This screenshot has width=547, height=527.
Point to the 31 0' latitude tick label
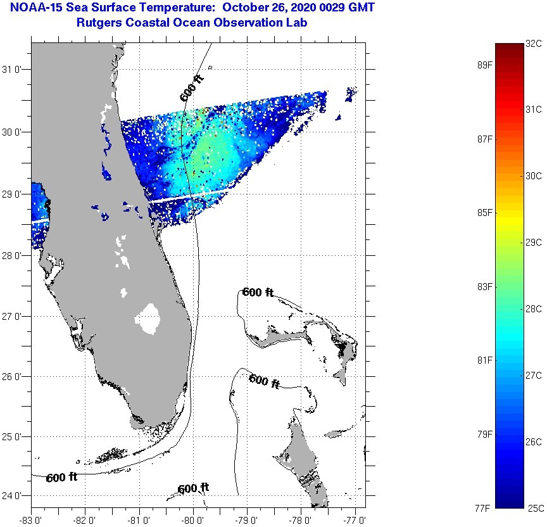click(14, 70)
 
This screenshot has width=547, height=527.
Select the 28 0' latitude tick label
click(14, 255)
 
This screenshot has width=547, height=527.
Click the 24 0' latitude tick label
click(14, 495)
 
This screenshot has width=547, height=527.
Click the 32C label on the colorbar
click(534, 44)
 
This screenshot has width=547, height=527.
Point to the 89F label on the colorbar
click(485, 65)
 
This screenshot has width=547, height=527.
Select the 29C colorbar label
click(534, 242)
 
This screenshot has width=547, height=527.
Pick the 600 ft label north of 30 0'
click(192, 88)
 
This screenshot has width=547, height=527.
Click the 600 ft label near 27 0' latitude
click(258, 293)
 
